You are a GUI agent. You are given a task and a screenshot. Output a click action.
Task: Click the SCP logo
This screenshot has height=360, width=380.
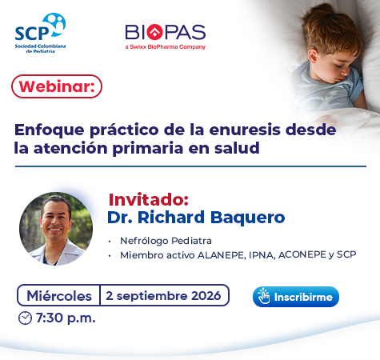[40, 33]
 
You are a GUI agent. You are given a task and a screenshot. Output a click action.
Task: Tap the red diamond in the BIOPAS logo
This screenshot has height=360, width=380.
[155, 32]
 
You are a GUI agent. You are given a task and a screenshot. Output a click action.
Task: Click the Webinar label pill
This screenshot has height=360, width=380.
[57, 86]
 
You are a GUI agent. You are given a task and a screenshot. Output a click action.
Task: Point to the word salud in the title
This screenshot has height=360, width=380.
[237, 148]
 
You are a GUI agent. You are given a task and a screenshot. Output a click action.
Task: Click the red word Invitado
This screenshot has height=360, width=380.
[149, 199]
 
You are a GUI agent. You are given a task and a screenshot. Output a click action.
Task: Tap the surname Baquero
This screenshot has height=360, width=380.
[248, 218]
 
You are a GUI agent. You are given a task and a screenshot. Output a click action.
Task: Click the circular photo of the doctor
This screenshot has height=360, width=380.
[56, 229]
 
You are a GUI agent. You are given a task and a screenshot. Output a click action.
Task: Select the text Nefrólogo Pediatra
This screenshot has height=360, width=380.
[166, 241]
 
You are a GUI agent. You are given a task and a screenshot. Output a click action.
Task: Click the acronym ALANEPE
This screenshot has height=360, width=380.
[221, 255]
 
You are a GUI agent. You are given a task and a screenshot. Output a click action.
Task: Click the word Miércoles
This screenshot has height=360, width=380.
[59, 296]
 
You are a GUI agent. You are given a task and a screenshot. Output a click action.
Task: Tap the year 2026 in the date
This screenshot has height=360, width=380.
[206, 295]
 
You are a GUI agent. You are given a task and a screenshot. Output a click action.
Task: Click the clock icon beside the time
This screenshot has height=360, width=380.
[25, 318]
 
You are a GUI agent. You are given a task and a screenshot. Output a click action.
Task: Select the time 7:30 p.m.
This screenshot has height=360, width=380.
[66, 318]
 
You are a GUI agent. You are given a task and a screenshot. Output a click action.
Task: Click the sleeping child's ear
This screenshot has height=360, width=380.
[313, 57]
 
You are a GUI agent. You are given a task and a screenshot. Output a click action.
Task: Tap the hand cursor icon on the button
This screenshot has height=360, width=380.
[264, 296]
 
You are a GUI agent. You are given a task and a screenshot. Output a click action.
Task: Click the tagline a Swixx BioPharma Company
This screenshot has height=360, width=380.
[166, 47]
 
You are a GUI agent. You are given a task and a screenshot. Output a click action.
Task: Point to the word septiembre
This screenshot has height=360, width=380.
[152, 296]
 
